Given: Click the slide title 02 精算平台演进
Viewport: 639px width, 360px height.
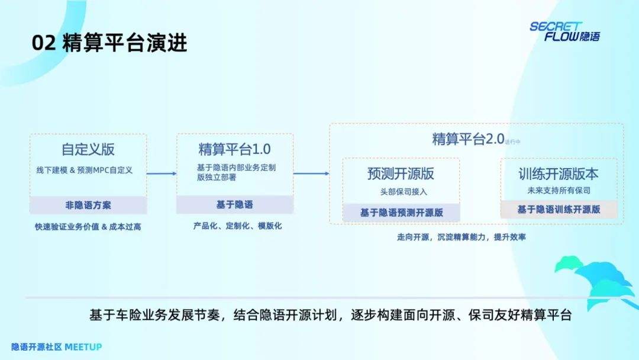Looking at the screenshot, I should (x=109, y=44).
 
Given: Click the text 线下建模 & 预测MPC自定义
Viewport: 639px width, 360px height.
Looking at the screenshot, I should (x=84, y=170).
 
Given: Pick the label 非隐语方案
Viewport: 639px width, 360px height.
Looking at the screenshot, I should (x=88, y=205).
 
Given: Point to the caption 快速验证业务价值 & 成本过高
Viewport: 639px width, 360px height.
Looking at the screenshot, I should (x=88, y=226).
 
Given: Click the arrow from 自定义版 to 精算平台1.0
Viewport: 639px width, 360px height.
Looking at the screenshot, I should (x=162, y=173).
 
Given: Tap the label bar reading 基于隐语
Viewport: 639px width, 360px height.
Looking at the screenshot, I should (x=234, y=204).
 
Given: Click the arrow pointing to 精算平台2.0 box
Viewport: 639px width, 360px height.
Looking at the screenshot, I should (x=311, y=173).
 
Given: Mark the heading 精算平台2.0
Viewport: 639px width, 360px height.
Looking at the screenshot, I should (x=467, y=139).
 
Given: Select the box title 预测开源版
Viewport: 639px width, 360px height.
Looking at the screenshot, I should (x=401, y=173).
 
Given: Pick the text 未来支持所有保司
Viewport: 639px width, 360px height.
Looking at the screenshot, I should (x=559, y=191).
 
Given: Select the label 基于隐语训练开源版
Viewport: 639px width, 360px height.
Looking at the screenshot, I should (x=559, y=209).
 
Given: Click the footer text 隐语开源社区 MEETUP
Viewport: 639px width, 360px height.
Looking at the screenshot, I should (x=57, y=346).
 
